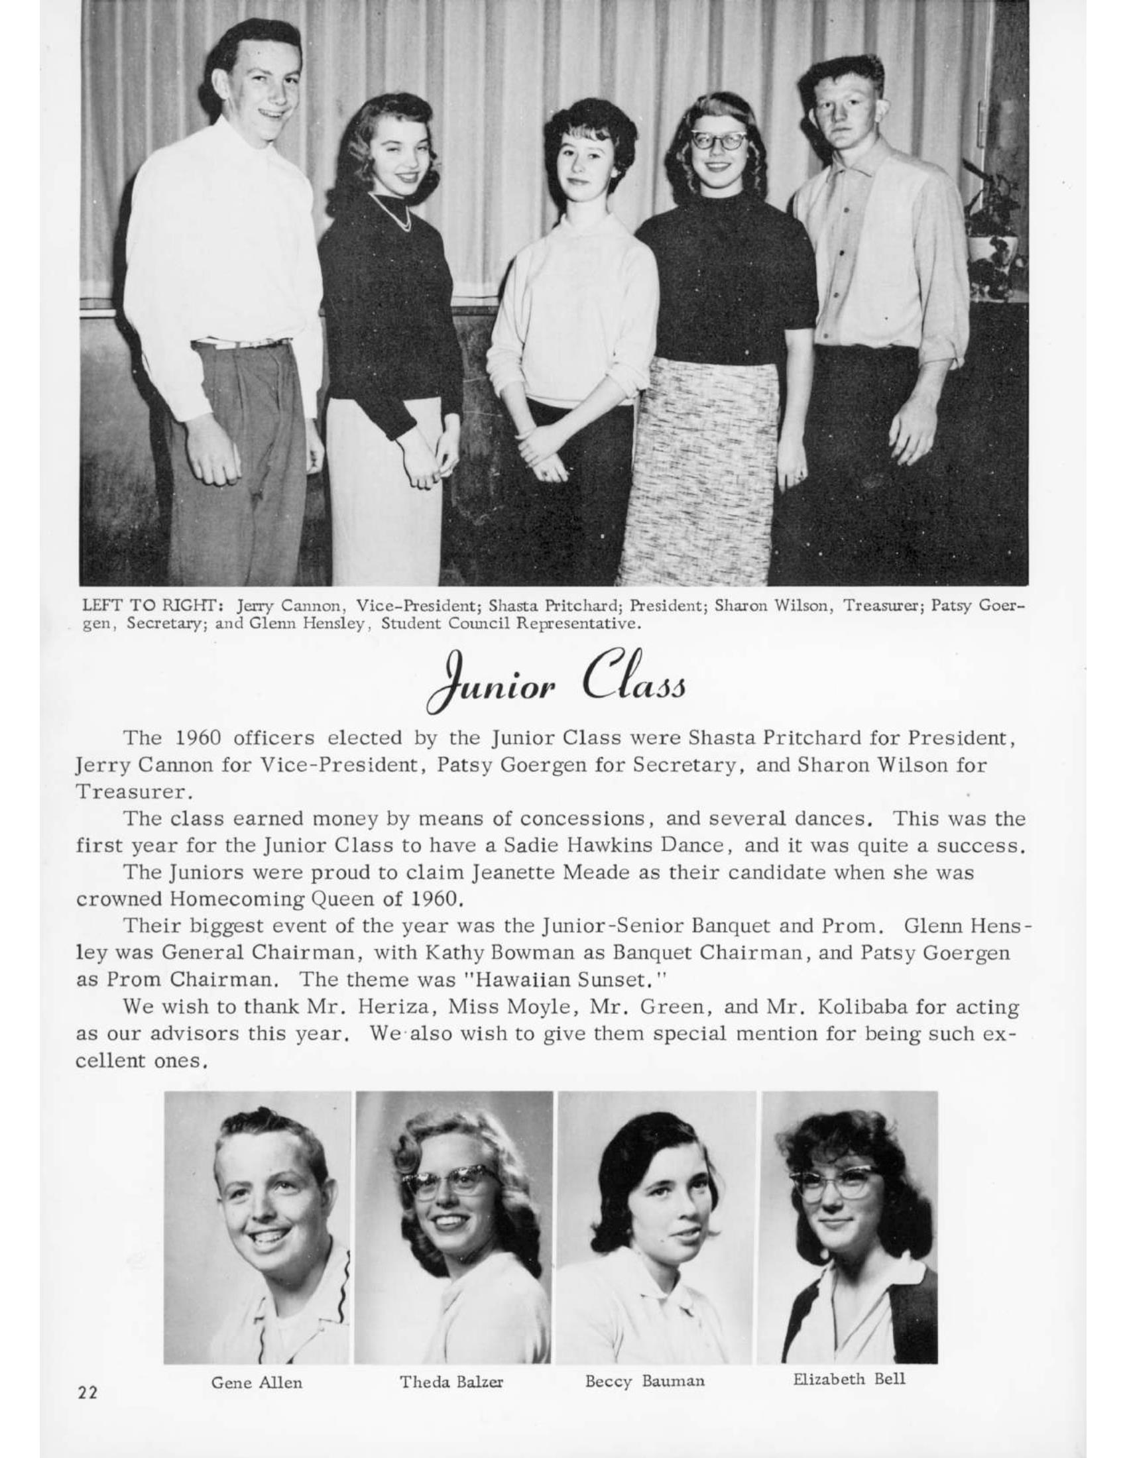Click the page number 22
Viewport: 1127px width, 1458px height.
pyautogui.click(x=88, y=1392)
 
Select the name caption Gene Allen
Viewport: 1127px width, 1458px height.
pyautogui.click(x=257, y=1382)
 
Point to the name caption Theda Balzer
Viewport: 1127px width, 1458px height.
pyautogui.click(x=451, y=1382)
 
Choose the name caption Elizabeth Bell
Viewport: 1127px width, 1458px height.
pyautogui.click(x=849, y=1378)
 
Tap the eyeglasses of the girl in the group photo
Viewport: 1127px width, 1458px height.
pyautogui.click(x=719, y=141)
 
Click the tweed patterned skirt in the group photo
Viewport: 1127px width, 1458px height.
pyautogui.click(x=701, y=467)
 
